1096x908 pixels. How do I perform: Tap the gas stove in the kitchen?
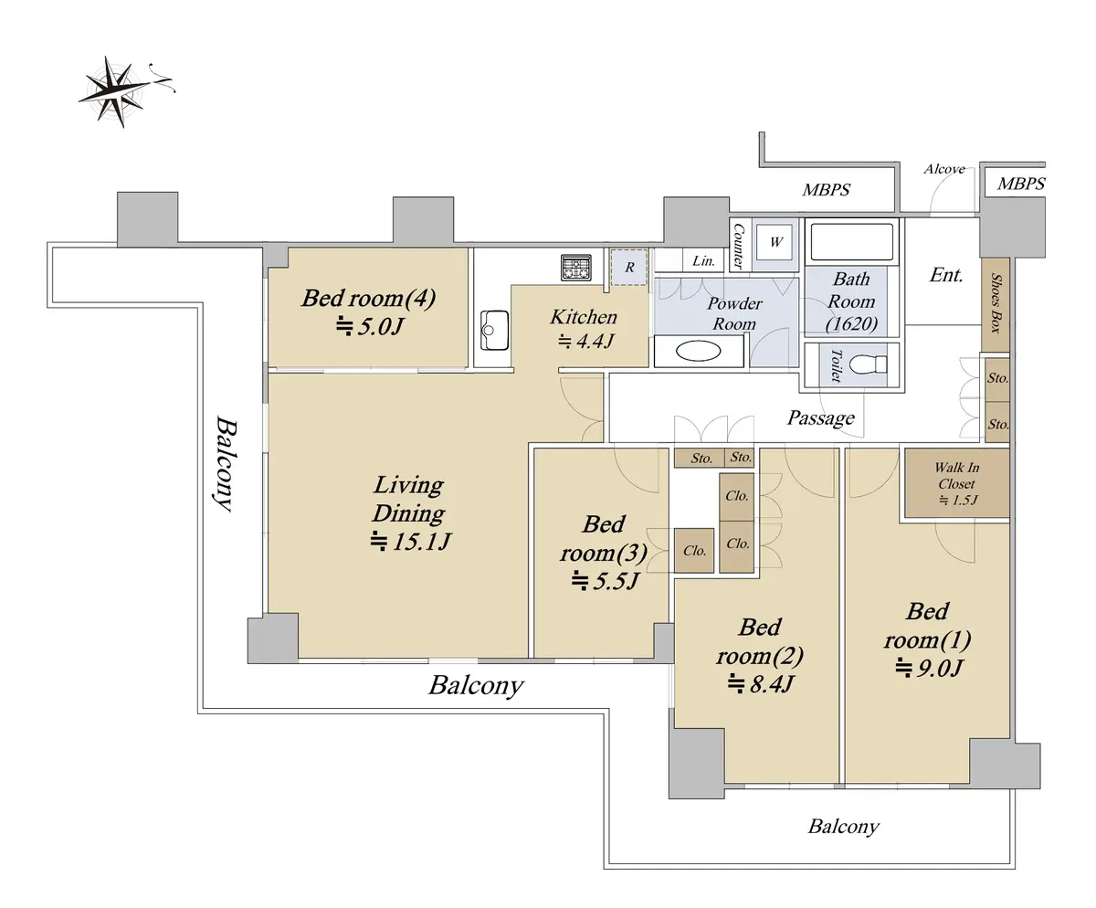[576, 269]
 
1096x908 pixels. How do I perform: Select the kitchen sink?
[495, 329]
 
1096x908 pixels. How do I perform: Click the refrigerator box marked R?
[629, 268]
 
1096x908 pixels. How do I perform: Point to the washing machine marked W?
[777, 243]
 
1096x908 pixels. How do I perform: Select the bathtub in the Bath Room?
[851, 242]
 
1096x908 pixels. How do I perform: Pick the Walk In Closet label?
[955, 483]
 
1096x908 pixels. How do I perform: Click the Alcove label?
[943, 169]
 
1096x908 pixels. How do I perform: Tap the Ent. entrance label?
[946, 275]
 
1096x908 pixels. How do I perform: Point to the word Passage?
[821, 418]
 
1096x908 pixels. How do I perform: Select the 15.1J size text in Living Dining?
[411, 542]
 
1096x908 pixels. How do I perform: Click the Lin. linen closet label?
[703, 260]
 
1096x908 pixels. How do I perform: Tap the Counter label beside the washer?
[739, 244]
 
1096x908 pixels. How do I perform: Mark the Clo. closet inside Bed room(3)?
[694, 551]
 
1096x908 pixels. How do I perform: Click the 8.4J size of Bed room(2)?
[760, 682]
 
